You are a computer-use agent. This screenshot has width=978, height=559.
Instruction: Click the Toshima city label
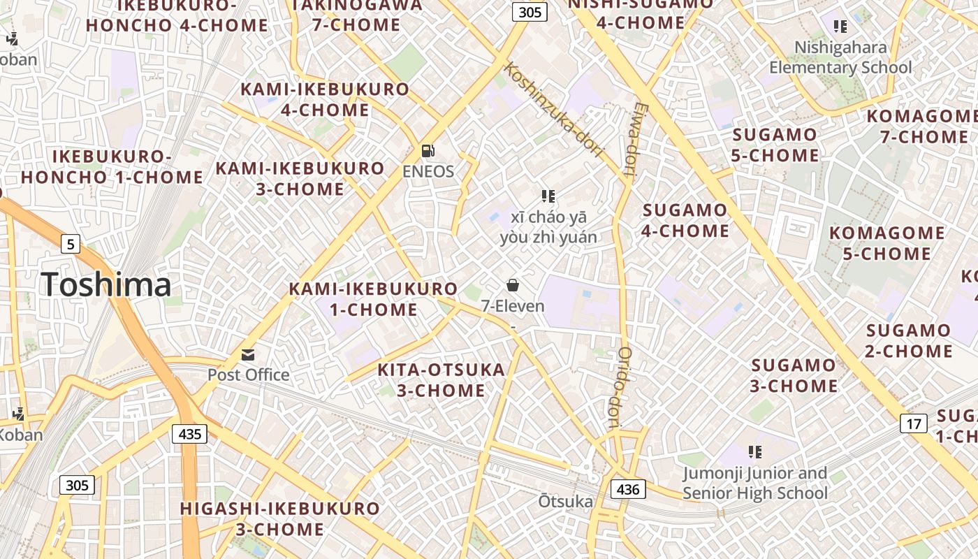(106, 285)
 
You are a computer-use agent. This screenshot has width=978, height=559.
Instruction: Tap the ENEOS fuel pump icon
(428, 150)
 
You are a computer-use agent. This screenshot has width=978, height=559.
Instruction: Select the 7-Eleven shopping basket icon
(513, 285)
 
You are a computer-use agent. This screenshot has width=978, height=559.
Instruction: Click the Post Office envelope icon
(248, 355)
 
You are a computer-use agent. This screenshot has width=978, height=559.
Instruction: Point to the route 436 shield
(628, 489)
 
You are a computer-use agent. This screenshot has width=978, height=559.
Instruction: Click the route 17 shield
(913, 423)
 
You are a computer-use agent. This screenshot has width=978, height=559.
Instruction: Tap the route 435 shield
(189, 434)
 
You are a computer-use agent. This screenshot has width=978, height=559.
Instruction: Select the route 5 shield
(70, 244)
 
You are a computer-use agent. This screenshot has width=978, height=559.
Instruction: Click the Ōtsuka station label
(565, 501)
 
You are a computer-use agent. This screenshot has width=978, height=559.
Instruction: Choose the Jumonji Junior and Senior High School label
(754, 483)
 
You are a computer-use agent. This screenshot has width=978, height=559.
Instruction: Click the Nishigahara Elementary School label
(840, 57)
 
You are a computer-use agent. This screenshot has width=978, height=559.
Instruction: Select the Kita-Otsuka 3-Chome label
(441, 380)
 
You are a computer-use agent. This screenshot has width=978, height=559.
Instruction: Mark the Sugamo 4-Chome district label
(685, 220)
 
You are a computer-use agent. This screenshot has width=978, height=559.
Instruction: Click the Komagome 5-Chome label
(886, 243)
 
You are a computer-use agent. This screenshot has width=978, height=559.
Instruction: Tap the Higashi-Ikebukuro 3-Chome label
(279, 518)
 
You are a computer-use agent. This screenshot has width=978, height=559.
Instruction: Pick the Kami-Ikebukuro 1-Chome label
(373, 299)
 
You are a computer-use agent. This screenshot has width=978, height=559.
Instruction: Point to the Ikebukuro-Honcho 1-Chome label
(112, 166)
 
